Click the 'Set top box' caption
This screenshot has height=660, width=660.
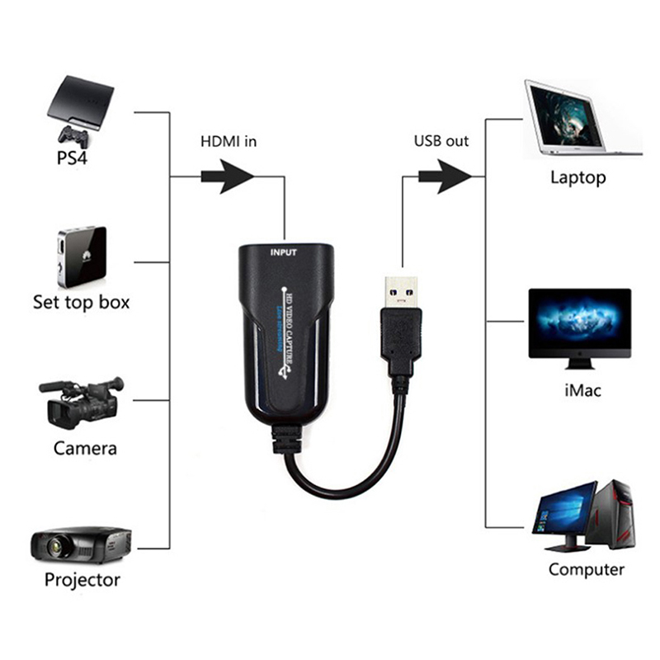pos(81,302)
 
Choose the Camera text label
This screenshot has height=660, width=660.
pos(85,449)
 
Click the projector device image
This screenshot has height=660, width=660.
pos(81,544)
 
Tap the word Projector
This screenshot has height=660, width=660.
pos(82,579)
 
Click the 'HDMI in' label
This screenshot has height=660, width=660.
pos(229,141)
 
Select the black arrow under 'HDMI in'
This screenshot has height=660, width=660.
pos(226,176)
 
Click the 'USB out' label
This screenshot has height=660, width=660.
pos(441,140)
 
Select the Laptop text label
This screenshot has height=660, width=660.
pos(577,177)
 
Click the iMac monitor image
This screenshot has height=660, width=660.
pos(579,325)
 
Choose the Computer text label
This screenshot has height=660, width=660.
pos(586,569)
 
